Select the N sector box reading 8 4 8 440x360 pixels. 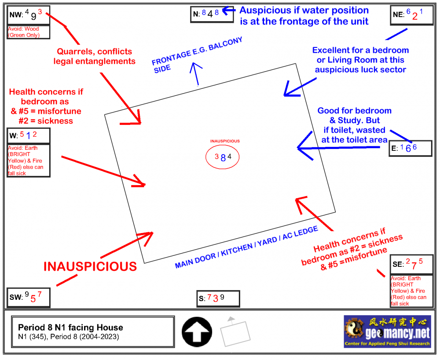click(x=211, y=14)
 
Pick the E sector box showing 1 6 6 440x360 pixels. click(x=411, y=149)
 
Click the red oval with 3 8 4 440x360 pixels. click(x=223, y=157)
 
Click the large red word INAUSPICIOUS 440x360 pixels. click(x=90, y=266)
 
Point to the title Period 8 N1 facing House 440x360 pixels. click(x=70, y=327)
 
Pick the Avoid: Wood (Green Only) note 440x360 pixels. click(x=24, y=32)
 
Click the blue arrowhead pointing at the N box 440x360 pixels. click(x=228, y=10)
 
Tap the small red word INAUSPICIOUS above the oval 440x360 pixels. click(x=225, y=141)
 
